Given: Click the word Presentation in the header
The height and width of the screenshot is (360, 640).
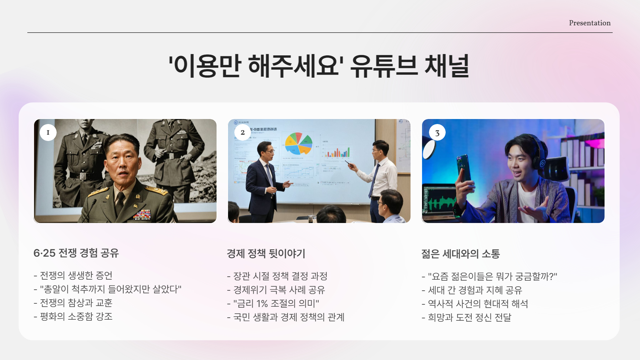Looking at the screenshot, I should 589,23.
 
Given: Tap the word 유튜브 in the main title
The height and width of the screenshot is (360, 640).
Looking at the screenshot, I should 384,66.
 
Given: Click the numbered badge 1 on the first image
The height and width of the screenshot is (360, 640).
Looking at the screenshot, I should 48,132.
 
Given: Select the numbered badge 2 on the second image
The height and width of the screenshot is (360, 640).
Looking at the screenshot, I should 242,132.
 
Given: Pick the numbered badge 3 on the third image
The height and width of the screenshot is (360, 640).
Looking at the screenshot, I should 437,133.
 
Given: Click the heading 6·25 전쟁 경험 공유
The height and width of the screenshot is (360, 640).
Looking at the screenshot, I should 76,253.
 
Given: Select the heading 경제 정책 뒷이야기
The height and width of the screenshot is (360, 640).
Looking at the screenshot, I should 266,254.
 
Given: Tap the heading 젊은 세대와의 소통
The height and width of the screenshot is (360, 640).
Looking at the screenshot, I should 460,254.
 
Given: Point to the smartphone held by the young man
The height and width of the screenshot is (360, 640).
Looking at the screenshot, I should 464,168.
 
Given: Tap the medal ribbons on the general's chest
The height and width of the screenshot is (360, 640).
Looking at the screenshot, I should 142,214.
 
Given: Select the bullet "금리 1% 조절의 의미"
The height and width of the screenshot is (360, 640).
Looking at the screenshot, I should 276,304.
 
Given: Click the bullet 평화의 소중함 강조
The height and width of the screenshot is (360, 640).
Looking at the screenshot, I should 76,317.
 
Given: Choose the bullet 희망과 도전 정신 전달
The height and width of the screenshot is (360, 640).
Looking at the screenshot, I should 469,318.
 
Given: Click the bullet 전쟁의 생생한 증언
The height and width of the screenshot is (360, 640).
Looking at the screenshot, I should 76,276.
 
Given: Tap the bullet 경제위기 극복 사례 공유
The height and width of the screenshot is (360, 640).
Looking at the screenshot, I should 279,290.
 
